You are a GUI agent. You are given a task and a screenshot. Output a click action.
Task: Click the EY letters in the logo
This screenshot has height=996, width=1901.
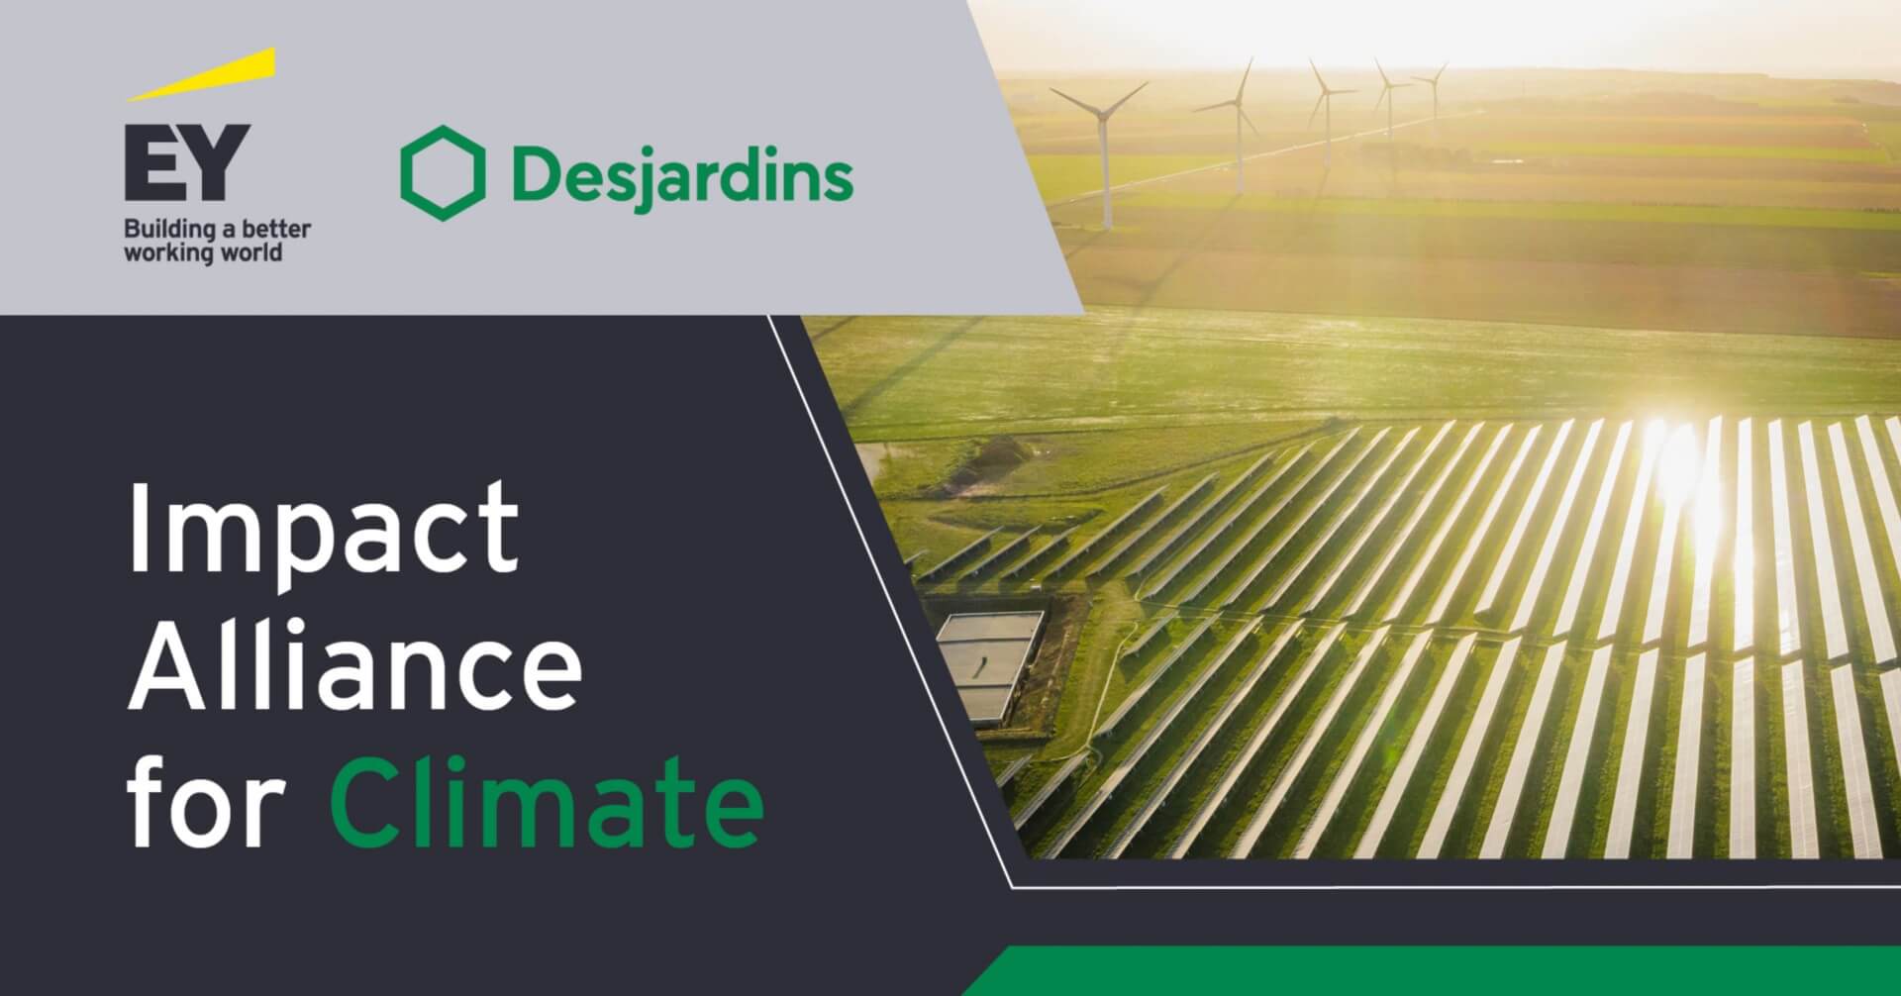pos(186,162)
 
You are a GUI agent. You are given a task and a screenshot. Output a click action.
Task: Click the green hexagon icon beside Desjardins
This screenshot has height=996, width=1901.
pos(443,175)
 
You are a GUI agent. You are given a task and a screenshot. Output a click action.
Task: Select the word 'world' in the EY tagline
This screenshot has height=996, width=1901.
pos(257,252)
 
